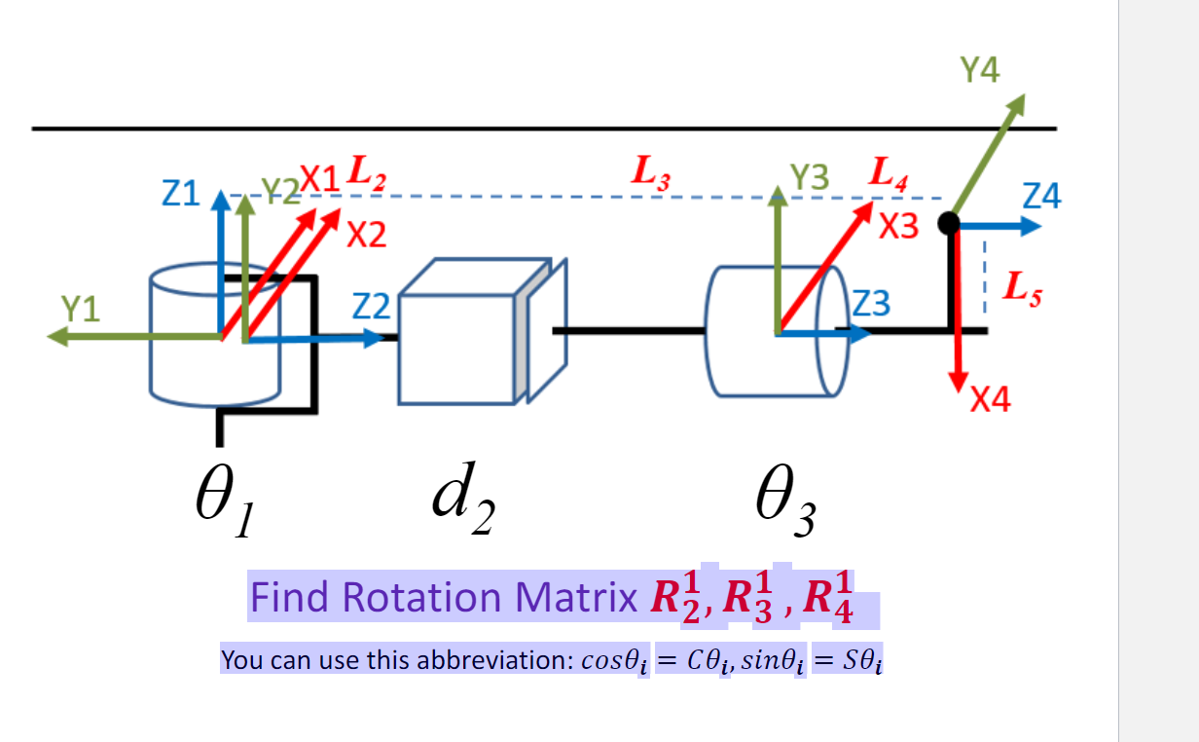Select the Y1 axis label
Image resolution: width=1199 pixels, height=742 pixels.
pos(81,309)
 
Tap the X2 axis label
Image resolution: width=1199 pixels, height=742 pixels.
pos(366,235)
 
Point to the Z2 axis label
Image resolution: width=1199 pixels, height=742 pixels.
pos(370,308)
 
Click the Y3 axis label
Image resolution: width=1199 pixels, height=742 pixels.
pos(810,176)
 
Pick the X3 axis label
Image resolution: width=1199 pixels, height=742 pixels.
pos(898,227)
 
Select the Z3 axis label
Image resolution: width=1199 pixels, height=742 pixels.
pos(872,305)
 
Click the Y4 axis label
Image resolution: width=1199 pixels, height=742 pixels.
pos(979,70)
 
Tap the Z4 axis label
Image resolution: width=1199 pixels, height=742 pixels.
pos(1042,198)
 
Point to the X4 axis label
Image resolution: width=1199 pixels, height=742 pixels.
pos(990,399)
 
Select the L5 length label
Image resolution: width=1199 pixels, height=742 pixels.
pos(1022,288)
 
